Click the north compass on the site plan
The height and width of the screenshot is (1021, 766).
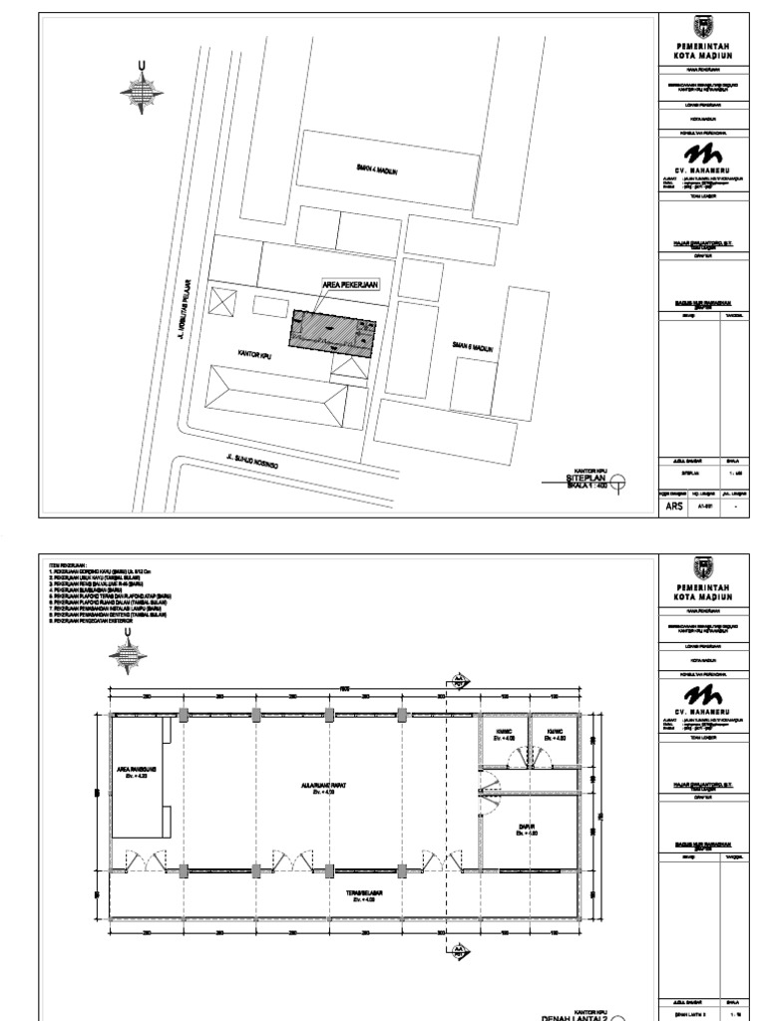click(141, 87)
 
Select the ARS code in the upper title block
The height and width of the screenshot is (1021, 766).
click(675, 506)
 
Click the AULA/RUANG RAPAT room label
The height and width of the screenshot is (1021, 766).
click(317, 787)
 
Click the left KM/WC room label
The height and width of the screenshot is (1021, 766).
click(504, 734)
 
